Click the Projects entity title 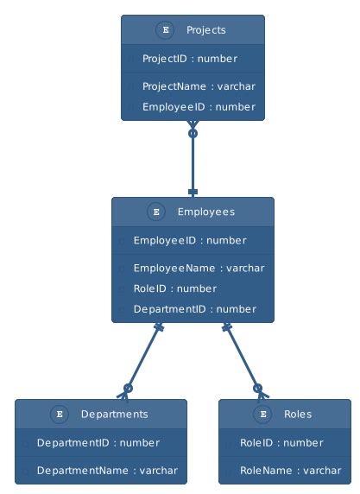click(205, 30)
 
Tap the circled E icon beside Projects click(165, 30)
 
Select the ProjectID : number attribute click(189, 59)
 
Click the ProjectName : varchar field click(199, 86)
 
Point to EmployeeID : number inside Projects click(199, 107)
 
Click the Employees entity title click(205, 212)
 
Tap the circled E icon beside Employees click(155, 212)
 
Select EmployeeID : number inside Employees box click(189, 240)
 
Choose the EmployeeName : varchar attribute click(199, 268)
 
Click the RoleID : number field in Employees click(174, 288)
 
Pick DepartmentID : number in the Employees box click(194, 309)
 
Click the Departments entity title click(114, 414)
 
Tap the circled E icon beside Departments click(60, 414)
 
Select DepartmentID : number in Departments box click(98, 442)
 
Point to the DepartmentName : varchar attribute click(107, 471)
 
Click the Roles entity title click(298, 414)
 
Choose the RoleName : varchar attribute click(290, 471)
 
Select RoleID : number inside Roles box click(281, 442)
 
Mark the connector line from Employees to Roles click(242, 358)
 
